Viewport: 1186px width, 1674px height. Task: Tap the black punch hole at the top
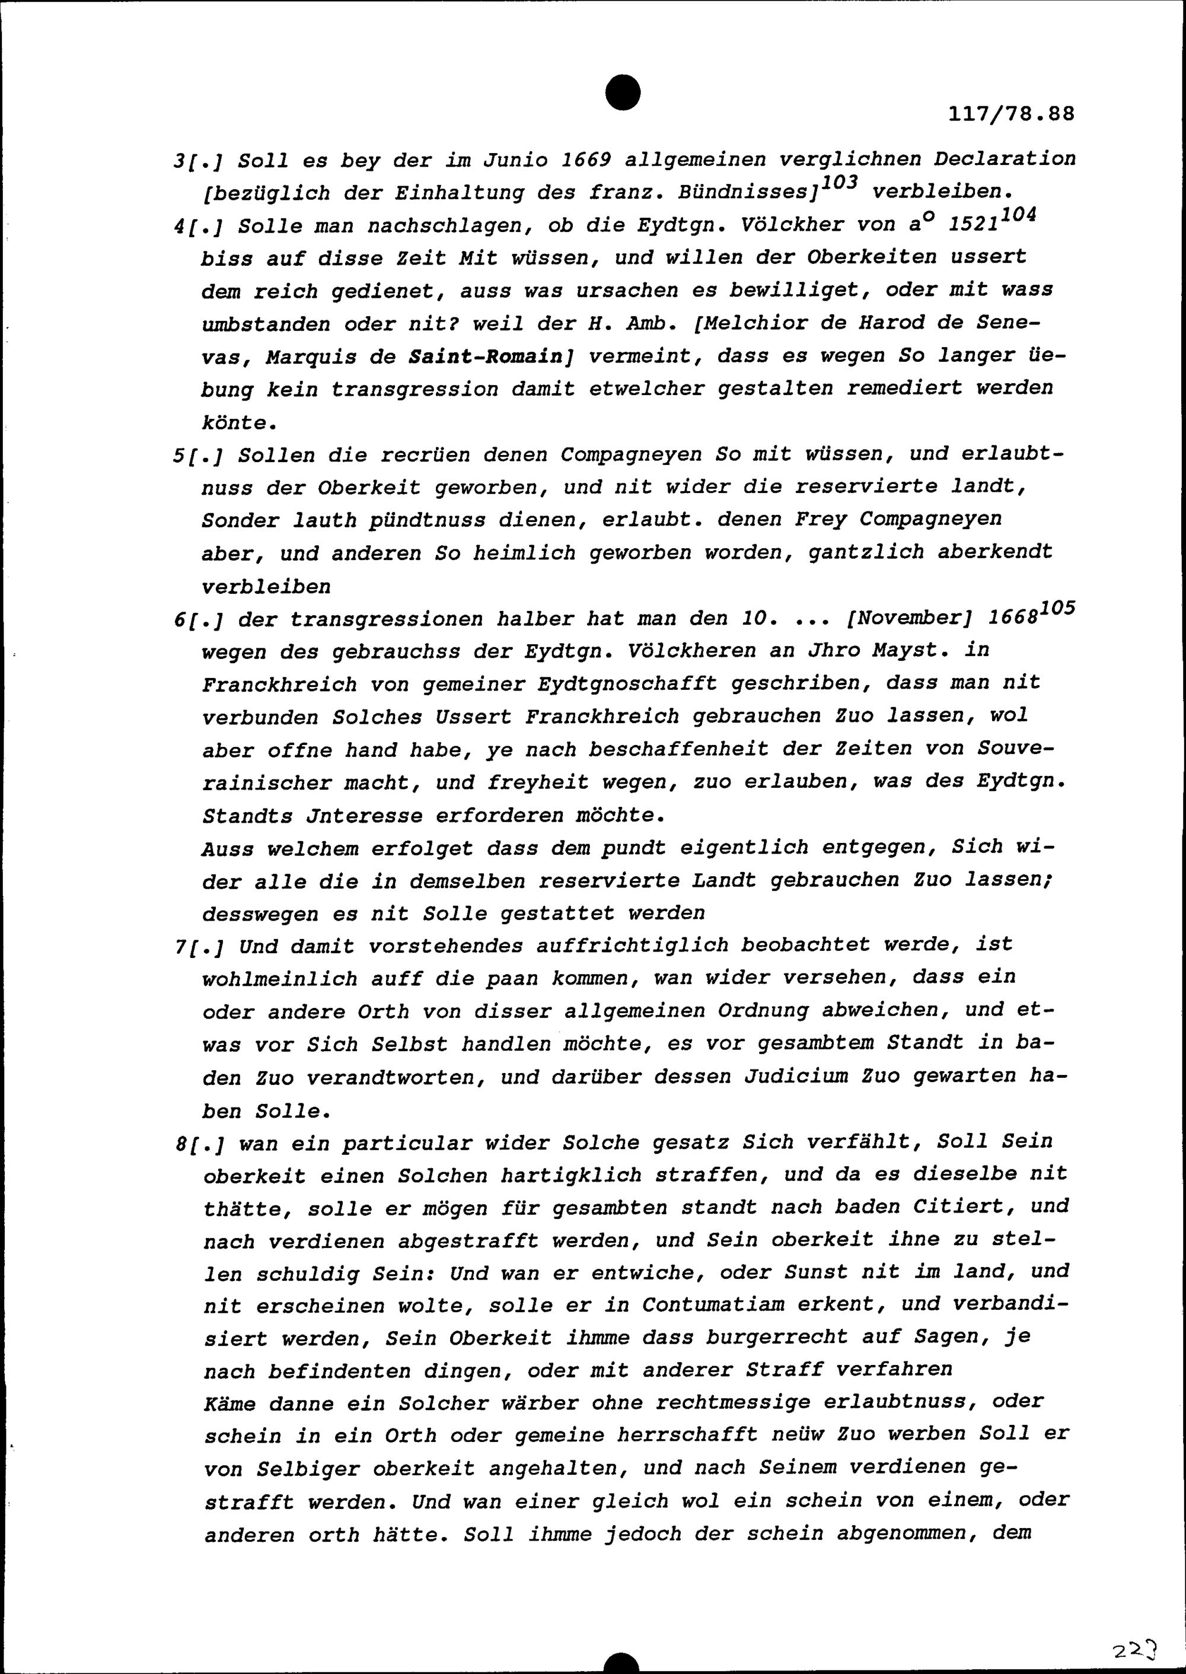click(623, 93)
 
